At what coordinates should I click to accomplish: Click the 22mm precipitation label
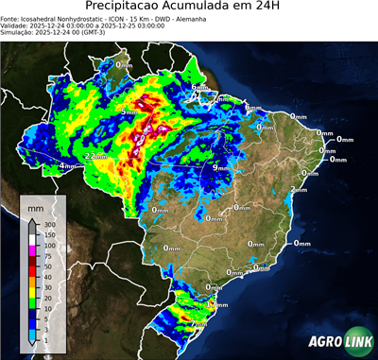click(95, 156)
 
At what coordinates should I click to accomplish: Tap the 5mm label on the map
click(129, 112)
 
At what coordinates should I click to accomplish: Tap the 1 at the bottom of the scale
click(46, 335)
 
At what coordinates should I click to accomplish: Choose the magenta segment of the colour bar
click(32, 251)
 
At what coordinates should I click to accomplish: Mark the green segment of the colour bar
click(32, 303)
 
